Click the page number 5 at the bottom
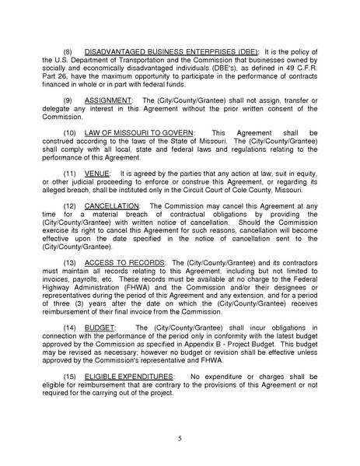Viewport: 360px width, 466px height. pyautogui.click(x=180, y=439)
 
